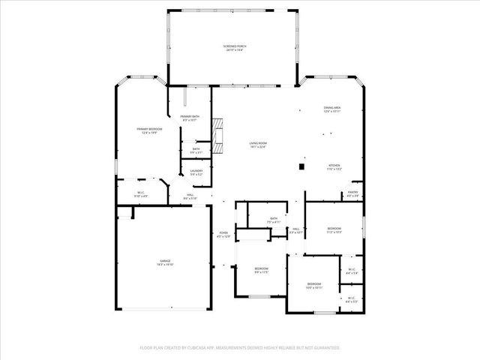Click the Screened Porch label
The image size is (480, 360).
click(x=234, y=48)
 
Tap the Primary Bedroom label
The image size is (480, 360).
click(x=147, y=130)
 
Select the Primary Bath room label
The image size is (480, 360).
click(x=190, y=118)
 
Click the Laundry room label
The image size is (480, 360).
click(x=196, y=172)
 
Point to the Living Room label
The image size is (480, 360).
click(x=258, y=145)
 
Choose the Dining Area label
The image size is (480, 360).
click(x=331, y=109)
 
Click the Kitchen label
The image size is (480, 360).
click(x=334, y=167)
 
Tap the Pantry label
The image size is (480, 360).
click(x=352, y=194)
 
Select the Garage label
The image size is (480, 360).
click(x=164, y=262)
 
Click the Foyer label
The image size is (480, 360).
click(x=223, y=235)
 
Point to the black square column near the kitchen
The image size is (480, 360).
click(x=301, y=166)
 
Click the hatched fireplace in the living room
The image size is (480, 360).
click(x=218, y=135)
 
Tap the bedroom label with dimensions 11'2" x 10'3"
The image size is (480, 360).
click(x=334, y=230)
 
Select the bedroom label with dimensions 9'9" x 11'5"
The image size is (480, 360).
click(x=260, y=270)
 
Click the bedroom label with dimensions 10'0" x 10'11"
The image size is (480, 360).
click(x=313, y=286)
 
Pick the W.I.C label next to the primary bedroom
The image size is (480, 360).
click(x=140, y=194)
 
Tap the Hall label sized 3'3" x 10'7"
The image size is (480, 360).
click(x=295, y=230)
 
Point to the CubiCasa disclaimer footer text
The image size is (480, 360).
click(x=240, y=348)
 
